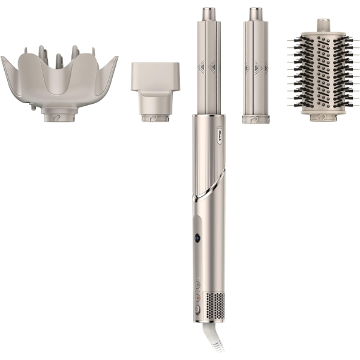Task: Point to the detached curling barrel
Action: pyautogui.click(x=256, y=66)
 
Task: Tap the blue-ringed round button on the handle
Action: pyautogui.click(x=197, y=238)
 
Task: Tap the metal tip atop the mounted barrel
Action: pyautogui.click(x=208, y=13)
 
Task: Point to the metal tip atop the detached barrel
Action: pyautogui.click(x=256, y=13)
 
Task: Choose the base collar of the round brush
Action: pyautogui.click(x=323, y=115)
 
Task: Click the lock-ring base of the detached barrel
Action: pyautogui.click(x=256, y=118)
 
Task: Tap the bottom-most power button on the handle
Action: pyautogui.click(x=197, y=310)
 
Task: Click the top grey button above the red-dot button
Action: pyautogui.click(x=197, y=282)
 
